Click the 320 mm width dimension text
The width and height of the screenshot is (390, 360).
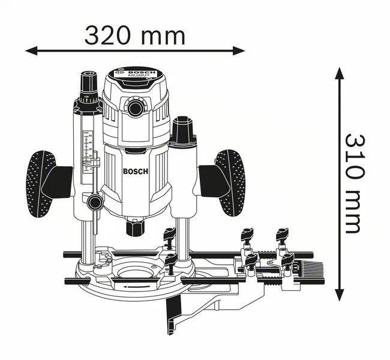tap(134, 36)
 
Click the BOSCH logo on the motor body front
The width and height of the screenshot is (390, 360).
tap(135, 171)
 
